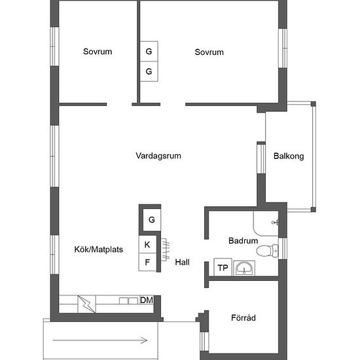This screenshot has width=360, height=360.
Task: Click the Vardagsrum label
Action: point(158,156)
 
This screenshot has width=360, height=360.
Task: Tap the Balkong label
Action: point(289,156)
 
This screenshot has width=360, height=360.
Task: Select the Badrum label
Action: point(243,241)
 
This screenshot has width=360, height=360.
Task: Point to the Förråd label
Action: point(243,317)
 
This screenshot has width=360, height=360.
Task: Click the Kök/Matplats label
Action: point(98,249)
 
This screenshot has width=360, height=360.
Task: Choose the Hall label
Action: point(183,262)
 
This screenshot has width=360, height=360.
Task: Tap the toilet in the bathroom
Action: point(267,250)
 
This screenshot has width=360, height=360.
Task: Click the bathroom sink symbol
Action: point(244,268)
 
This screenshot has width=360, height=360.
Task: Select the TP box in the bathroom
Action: point(223,267)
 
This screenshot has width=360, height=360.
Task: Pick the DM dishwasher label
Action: point(147,300)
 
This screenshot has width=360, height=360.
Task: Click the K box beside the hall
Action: point(147,244)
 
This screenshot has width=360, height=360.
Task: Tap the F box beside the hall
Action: point(147,262)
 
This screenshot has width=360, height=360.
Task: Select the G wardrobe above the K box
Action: point(152,220)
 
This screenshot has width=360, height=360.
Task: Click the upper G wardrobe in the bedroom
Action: point(149,51)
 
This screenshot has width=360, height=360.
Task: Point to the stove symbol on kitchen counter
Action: point(87,304)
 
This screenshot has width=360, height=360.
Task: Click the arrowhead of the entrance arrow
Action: point(144,340)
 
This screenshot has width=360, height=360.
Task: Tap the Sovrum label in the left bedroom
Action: point(98,52)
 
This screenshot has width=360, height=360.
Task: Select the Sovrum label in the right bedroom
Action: point(209,52)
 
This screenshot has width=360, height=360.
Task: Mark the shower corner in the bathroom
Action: point(266,223)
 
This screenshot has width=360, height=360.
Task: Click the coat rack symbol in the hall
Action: point(166,250)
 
